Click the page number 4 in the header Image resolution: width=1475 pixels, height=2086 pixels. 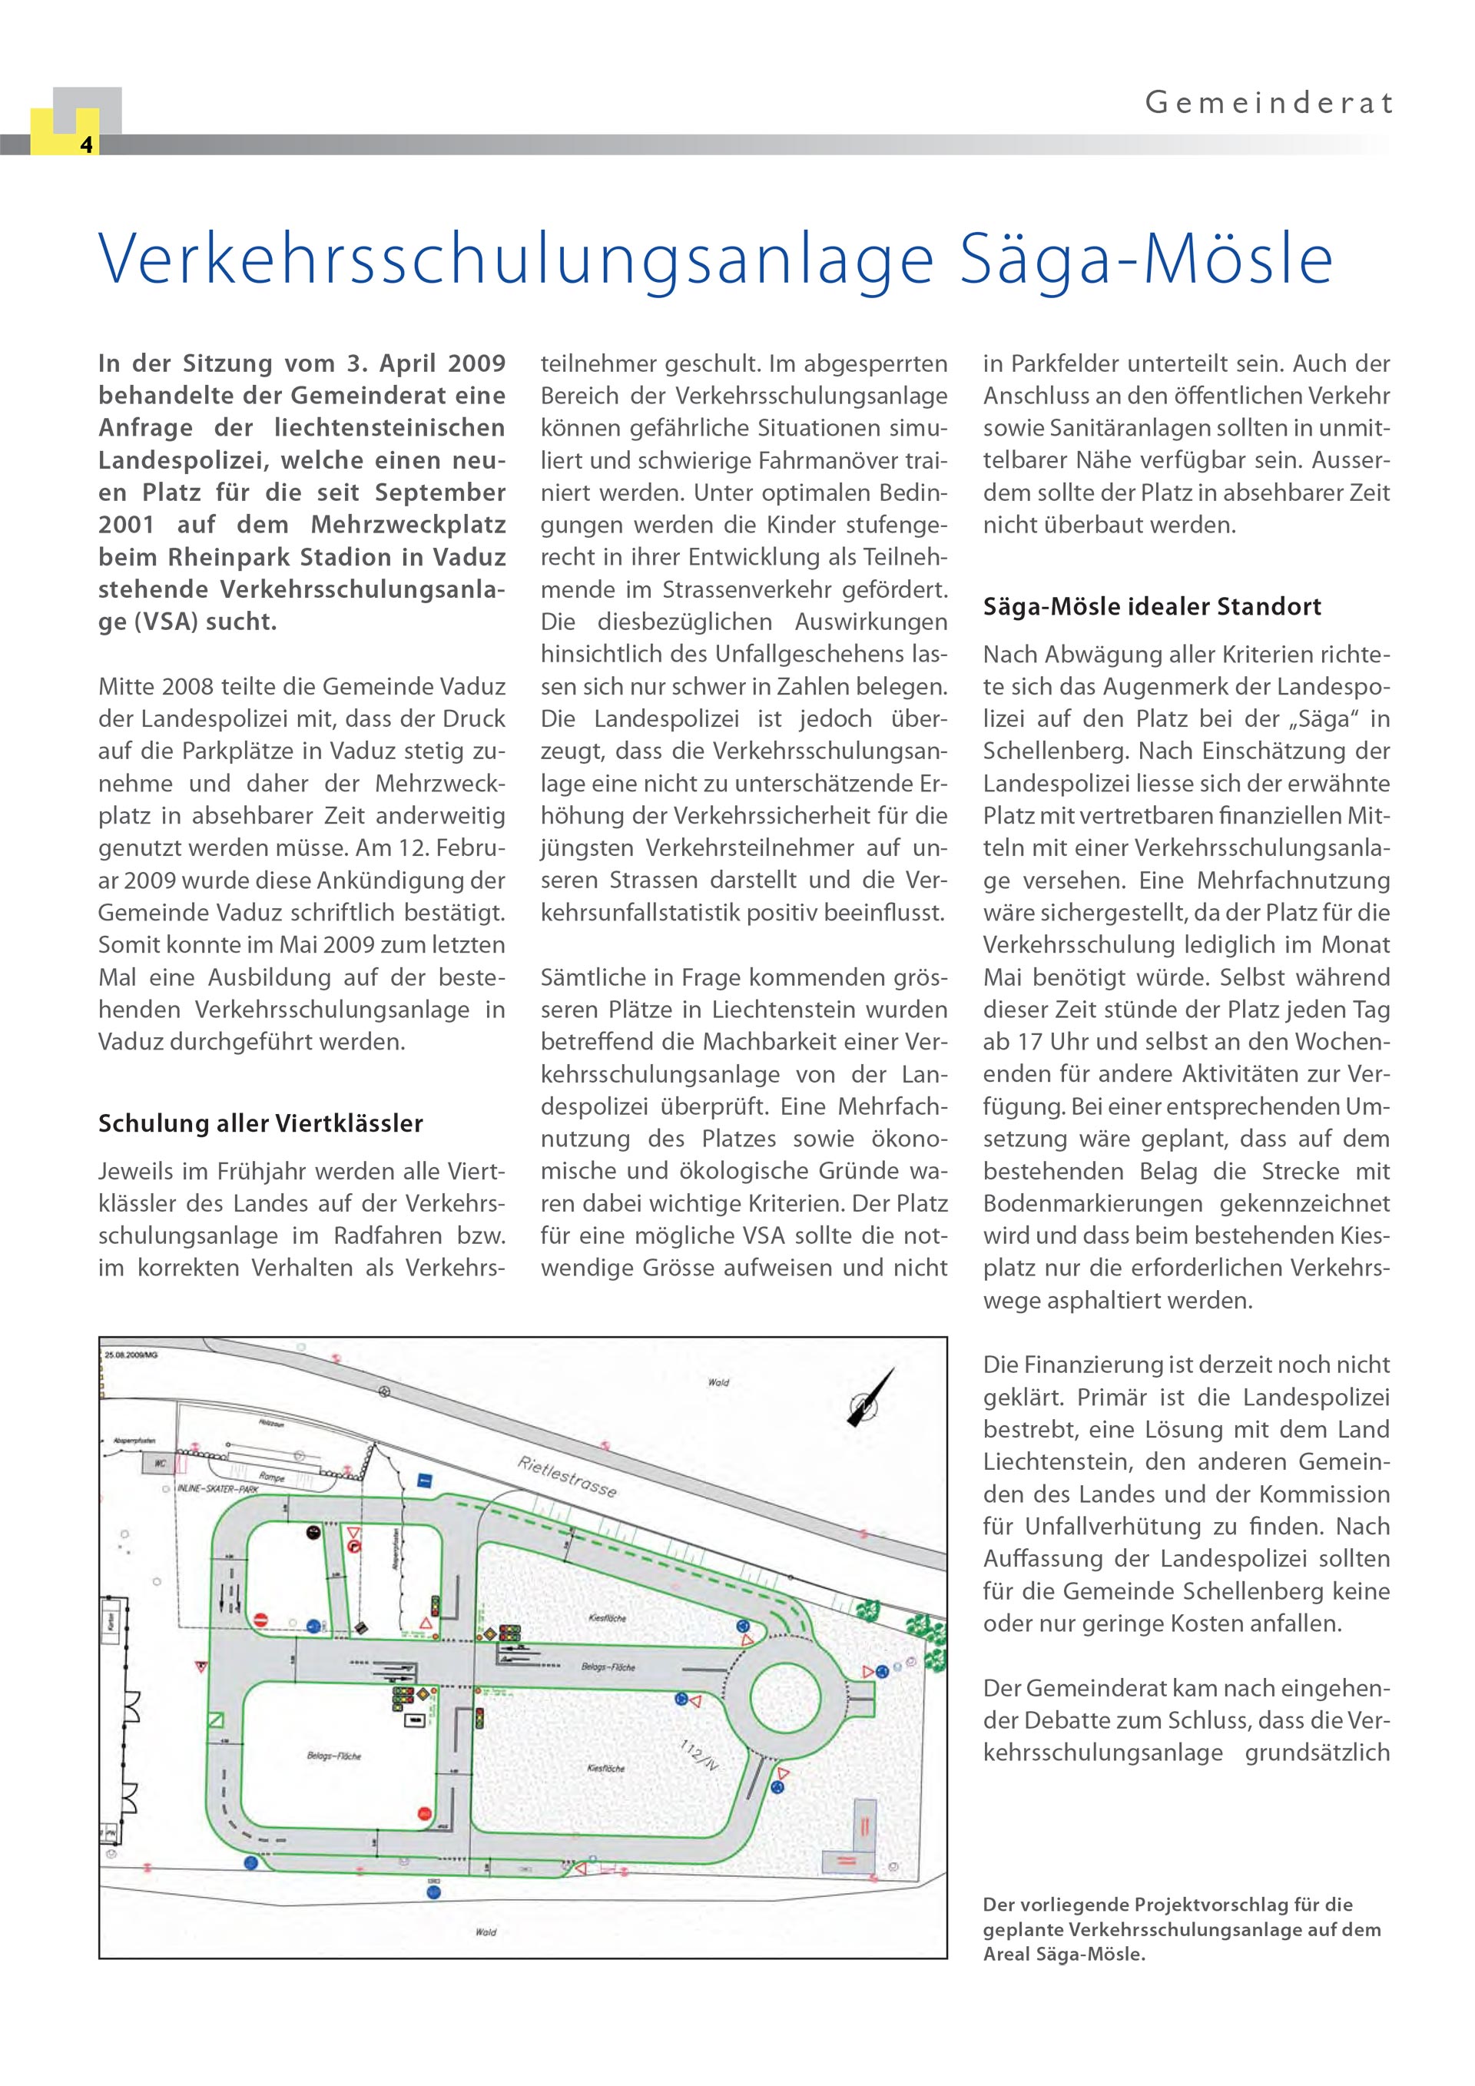[x=86, y=144]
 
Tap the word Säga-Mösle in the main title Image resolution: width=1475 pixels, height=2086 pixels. [x=1146, y=260]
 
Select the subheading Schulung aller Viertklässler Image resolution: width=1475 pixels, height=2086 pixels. [x=260, y=1124]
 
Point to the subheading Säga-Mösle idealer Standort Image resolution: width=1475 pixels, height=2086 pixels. [x=1152, y=607]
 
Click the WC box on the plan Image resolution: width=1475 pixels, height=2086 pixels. [x=159, y=1464]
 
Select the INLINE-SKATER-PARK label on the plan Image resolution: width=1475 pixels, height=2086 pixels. [x=218, y=1490]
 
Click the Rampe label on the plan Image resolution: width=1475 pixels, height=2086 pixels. [x=271, y=1477]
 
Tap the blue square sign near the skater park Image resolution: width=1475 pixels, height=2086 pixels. [x=424, y=1481]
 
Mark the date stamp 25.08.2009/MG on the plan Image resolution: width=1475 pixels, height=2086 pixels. [x=131, y=1355]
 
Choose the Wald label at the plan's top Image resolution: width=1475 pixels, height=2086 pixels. [x=718, y=1383]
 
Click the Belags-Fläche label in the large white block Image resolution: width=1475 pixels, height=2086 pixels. [x=334, y=1756]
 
